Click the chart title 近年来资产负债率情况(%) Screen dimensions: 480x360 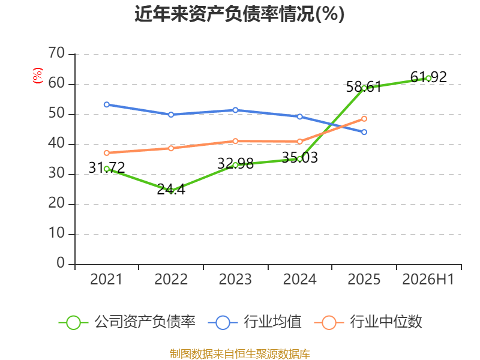239,14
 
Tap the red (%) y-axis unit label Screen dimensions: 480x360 37,76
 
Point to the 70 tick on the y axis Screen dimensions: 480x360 56,53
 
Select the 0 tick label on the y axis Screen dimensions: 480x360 61,263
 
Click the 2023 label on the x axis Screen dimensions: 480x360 235,279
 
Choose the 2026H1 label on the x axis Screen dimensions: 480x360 428,279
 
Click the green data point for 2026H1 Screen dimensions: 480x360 428,79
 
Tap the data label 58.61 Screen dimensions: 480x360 364,86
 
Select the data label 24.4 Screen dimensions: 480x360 171,190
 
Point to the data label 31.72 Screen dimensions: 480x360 107,167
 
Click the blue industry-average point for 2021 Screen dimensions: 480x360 107,104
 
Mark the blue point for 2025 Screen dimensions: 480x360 364,132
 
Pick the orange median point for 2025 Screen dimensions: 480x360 364,119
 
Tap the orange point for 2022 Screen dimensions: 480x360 171,148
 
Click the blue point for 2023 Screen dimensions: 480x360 235,110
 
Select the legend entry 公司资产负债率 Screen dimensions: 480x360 127,322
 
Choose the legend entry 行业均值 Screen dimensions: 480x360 254,322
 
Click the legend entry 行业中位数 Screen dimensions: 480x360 368,322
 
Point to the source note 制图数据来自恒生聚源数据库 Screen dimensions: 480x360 240,353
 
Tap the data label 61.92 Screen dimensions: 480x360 428,77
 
